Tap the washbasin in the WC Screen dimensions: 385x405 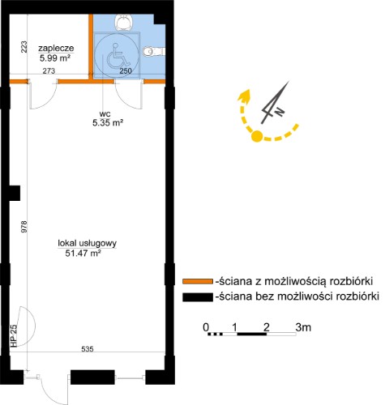(x=124, y=22)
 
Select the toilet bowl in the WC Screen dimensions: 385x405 (x=153, y=51)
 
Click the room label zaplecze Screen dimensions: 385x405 (x=56, y=49)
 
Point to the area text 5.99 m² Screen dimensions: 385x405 (x=55, y=58)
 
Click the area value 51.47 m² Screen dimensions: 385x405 (x=83, y=253)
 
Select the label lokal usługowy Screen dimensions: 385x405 (x=88, y=243)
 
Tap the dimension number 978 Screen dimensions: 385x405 (x=24, y=227)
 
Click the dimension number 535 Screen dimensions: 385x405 (x=88, y=349)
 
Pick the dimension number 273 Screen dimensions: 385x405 (x=49, y=70)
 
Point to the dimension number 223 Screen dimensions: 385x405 (x=24, y=47)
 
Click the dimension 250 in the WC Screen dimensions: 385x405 (x=126, y=70)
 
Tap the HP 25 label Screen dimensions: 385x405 (x=14, y=335)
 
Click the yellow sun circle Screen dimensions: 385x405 (x=257, y=136)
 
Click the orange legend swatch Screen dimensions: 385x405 (x=198, y=281)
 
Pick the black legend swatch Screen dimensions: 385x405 (x=198, y=297)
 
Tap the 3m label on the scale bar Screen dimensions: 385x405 (x=303, y=327)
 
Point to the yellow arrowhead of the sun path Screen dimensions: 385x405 (x=244, y=96)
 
